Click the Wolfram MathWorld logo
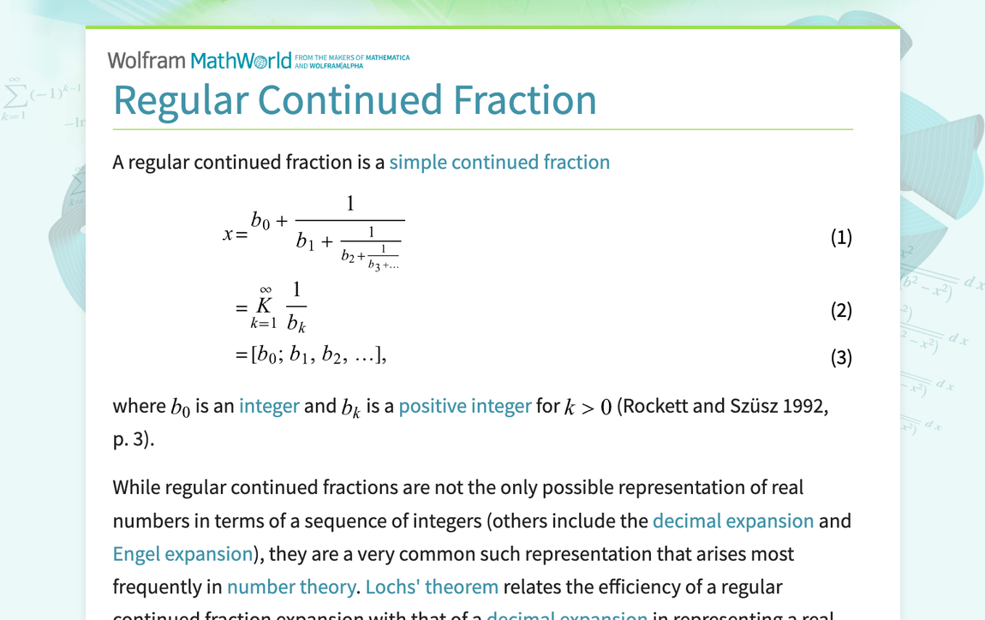pos(199,61)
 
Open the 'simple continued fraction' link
pos(499,162)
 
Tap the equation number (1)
pos(841,237)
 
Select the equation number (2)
pos(841,310)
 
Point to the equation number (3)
pos(841,357)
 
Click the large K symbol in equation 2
pos(264,306)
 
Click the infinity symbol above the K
pos(266,290)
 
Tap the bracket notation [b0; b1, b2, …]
pos(318,355)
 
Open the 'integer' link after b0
pos(269,405)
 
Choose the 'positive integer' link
pos(465,405)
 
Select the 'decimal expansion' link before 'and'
pos(732,521)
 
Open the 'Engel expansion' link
pos(182,554)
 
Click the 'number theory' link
pos(291,587)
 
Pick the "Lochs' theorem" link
pos(432,587)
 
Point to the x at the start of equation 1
pos(228,234)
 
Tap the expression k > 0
pos(588,406)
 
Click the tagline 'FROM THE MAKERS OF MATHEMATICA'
pos(351,57)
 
